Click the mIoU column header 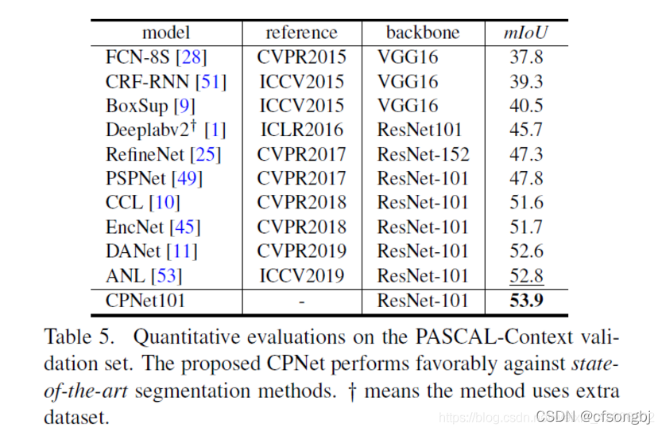click(525, 33)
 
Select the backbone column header click(423, 33)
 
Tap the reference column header click(301, 33)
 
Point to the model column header click(166, 33)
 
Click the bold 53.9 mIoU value click(526, 301)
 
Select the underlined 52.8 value click(526, 276)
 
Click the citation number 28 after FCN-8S click(192, 57)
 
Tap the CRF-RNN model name click(147, 82)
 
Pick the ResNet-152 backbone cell click(423, 154)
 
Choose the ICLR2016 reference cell click(302, 130)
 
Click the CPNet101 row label click(145, 301)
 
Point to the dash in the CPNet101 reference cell click(301, 302)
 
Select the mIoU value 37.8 click(526, 57)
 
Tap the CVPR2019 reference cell click(301, 251)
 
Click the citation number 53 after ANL click(166, 276)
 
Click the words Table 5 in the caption click(79, 337)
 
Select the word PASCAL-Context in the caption click(494, 337)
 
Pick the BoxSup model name click(137, 106)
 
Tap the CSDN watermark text click(593, 416)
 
